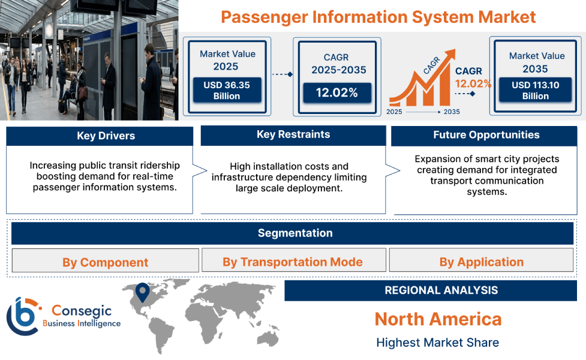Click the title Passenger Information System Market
[x=378, y=17]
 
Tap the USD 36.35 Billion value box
[x=226, y=91]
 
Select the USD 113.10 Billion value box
[x=535, y=91]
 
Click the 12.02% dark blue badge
[x=336, y=92]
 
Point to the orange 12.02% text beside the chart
[x=473, y=83]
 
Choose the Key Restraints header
[x=293, y=134]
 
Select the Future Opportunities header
[x=486, y=135]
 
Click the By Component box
[x=105, y=262]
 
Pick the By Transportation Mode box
[x=293, y=262]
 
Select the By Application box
[x=481, y=262]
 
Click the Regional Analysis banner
[x=441, y=290]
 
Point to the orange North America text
[x=438, y=319]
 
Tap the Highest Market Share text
[x=437, y=343]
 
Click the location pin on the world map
[x=142, y=292]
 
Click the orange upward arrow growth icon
[x=420, y=84]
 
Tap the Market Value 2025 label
[x=227, y=60]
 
